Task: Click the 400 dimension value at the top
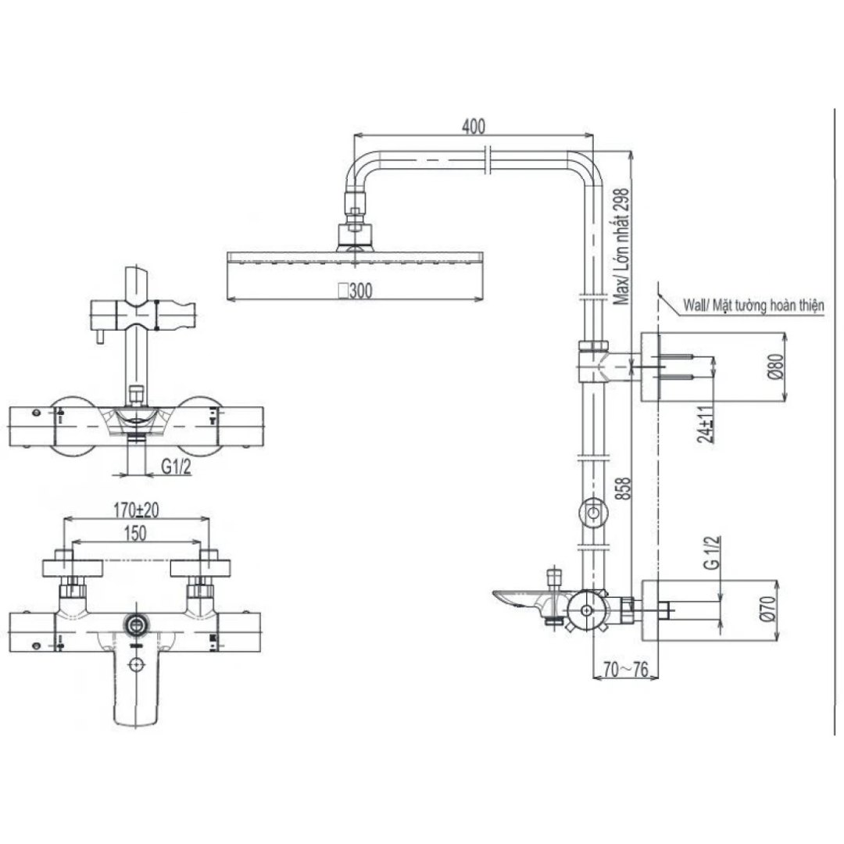[x=474, y=126]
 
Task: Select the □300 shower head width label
[x=355, y=291]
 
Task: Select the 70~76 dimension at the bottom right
[x=627, y=670]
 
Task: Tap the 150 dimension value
[x=136, y=535]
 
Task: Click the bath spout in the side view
[x=521, y=600]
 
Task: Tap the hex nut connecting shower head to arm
[x=356, y=213]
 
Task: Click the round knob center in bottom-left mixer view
[x=138, y=624]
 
